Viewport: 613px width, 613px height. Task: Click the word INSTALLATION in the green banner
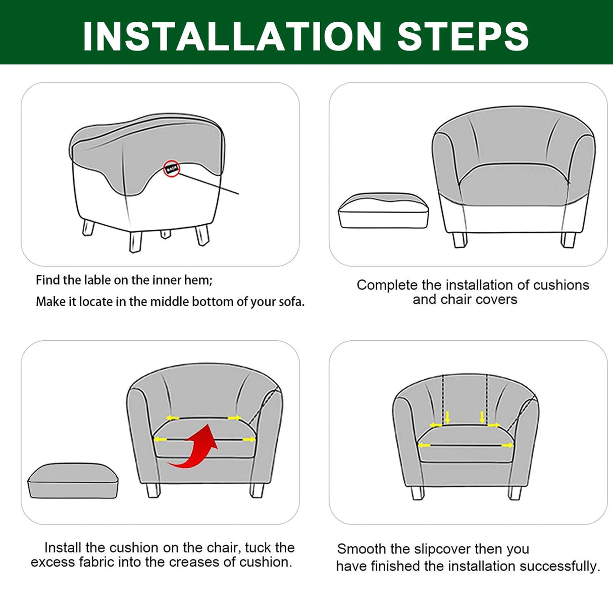(x=232, y=36)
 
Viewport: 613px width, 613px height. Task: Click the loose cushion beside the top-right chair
(x=383, y=211)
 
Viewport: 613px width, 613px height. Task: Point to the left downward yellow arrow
(x=447, y=417)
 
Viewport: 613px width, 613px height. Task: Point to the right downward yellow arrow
(x=482, y=417)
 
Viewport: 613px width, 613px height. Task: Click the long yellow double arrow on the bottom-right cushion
(x=466, y=445)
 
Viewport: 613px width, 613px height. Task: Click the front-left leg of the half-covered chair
(x=135, y=241)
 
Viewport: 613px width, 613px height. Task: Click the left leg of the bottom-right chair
(x=418, y=493)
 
